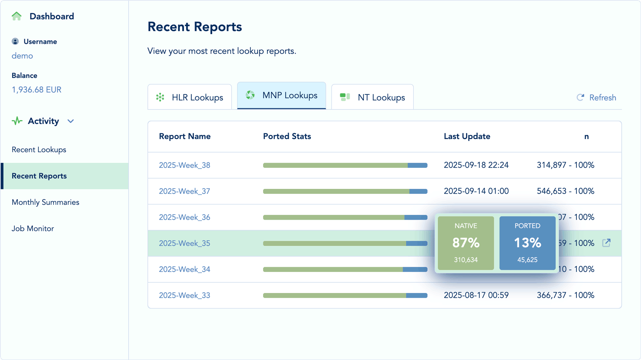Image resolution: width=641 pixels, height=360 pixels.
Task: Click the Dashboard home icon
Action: coord(17,16)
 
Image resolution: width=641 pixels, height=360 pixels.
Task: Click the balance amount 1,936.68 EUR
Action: coord(37,90)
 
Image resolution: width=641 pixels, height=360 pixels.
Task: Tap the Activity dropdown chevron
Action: coord(71,121)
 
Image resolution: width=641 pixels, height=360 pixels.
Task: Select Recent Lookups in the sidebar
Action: coord(39,150)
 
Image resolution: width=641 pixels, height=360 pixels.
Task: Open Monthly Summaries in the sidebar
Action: coord(46,202)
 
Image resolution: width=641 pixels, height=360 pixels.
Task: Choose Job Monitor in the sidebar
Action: coord(33,228)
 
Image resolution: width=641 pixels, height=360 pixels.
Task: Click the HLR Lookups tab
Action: coord(190,97)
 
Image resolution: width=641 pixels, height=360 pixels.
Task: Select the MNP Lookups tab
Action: coord(282,96)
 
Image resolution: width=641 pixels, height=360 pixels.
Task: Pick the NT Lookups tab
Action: coord(372,97)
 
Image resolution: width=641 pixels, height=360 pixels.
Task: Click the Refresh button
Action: coord(596,97)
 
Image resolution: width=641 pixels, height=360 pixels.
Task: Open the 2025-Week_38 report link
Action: coord(184,165)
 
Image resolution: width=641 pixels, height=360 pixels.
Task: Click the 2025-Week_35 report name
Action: coord(184,243)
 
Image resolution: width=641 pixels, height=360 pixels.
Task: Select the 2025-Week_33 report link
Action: coord(184,296)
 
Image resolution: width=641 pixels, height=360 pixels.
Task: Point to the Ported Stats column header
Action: coord(287,137)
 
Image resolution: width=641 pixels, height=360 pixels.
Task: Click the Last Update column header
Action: coord(467,137)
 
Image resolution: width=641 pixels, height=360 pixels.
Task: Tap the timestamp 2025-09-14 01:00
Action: coord(476,191)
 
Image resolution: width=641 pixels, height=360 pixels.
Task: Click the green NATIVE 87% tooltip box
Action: coord(466,243)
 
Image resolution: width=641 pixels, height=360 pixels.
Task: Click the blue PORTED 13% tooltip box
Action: coord(527,243)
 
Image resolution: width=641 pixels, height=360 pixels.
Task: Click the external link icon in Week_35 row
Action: coord(606,243)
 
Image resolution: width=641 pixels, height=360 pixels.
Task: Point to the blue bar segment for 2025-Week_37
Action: coord(418,191)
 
